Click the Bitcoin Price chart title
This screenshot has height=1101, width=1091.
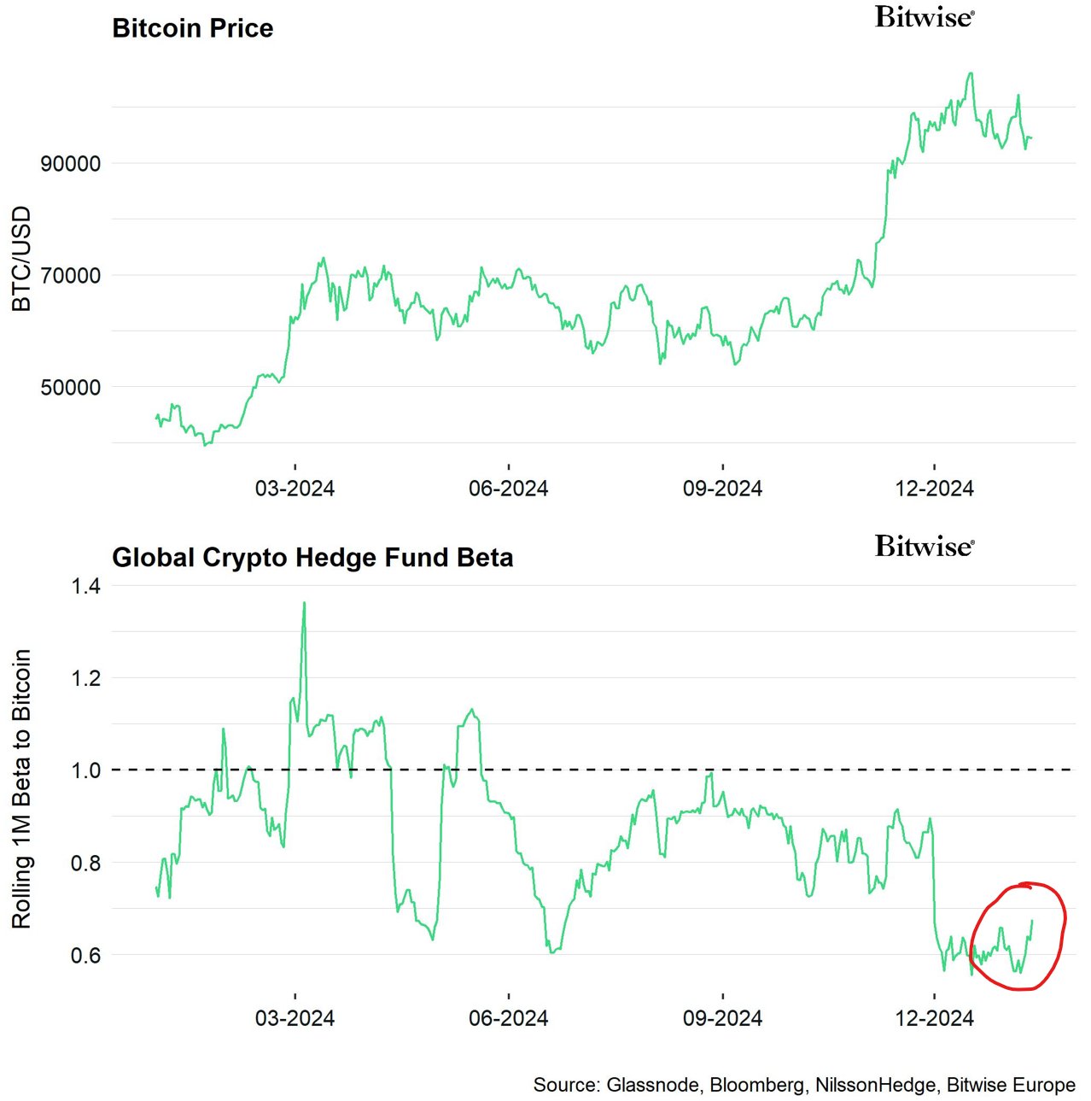(x=193, y=28)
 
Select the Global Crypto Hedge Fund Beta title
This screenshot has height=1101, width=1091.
(x=312, y=558)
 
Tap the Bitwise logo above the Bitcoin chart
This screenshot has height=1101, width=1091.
(x=925, y=17)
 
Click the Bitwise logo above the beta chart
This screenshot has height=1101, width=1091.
(x=925, y=546)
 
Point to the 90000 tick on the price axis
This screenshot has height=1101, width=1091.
(x=71, y=163)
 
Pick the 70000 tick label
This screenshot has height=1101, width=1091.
(x=71, y=275)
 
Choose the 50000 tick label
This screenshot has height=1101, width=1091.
(x=71, y=387)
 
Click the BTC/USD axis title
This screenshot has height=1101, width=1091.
(x=21, y=259)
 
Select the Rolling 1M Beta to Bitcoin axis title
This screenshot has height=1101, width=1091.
(x=21, y=788)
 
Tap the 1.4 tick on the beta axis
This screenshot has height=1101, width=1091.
(x=85, y=586)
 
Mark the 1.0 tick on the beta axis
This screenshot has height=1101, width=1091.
(x=85, y=770)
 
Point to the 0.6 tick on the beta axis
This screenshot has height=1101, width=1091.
(x=85, y=955)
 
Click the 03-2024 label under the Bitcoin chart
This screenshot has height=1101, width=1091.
(x=295, y=489)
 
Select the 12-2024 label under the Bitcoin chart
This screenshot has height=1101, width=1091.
(x=934, y=489)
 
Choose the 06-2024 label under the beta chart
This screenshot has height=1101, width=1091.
(x=508, y=1018)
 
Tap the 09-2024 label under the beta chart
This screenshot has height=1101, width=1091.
(x=722, y=1018)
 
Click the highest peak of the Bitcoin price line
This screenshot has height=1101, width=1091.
(x=970, y=73)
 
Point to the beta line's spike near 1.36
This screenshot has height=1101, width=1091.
(x=304, y=604)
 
